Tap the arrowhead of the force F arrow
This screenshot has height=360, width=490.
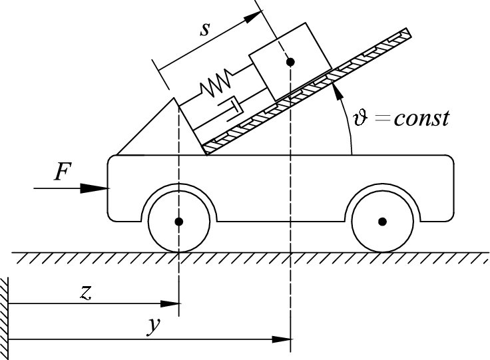point(100,188)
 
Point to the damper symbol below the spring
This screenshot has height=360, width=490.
point(230,105)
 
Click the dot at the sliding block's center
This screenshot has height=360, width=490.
point(290,62)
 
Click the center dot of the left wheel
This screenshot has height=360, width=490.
point(179,221)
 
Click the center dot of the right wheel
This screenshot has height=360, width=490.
point(382,221)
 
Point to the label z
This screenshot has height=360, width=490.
point(85,293)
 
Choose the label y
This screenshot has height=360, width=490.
point(152,327)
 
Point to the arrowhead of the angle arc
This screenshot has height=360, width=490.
point(337,83)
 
